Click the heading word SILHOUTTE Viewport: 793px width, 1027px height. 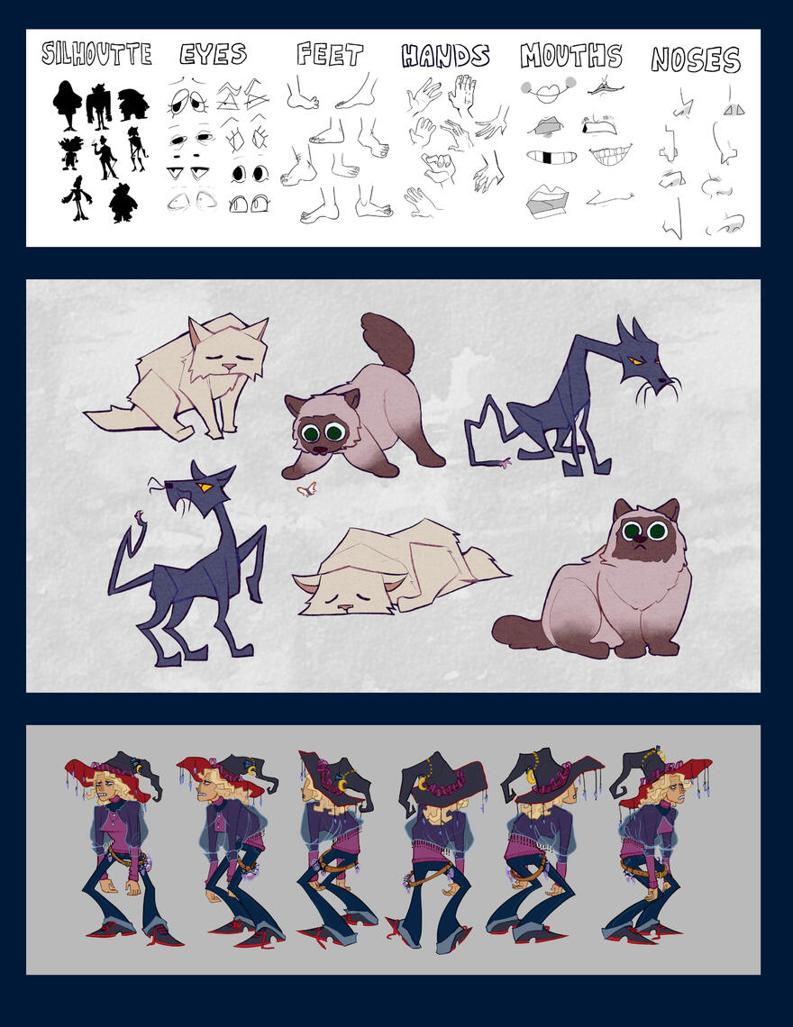point(96,54)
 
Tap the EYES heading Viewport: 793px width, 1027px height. point(214,54)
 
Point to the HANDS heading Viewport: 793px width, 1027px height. point(445,56)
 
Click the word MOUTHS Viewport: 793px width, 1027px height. point(571,56)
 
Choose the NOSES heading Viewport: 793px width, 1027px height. point(696,59)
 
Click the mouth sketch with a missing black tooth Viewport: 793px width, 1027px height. point(551,158)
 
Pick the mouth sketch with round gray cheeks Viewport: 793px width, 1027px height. point(548,90)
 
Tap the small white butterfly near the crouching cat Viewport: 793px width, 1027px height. point(308,490)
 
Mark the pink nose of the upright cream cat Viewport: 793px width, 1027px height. point(230,368)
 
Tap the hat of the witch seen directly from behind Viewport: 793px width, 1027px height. point(442,775)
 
